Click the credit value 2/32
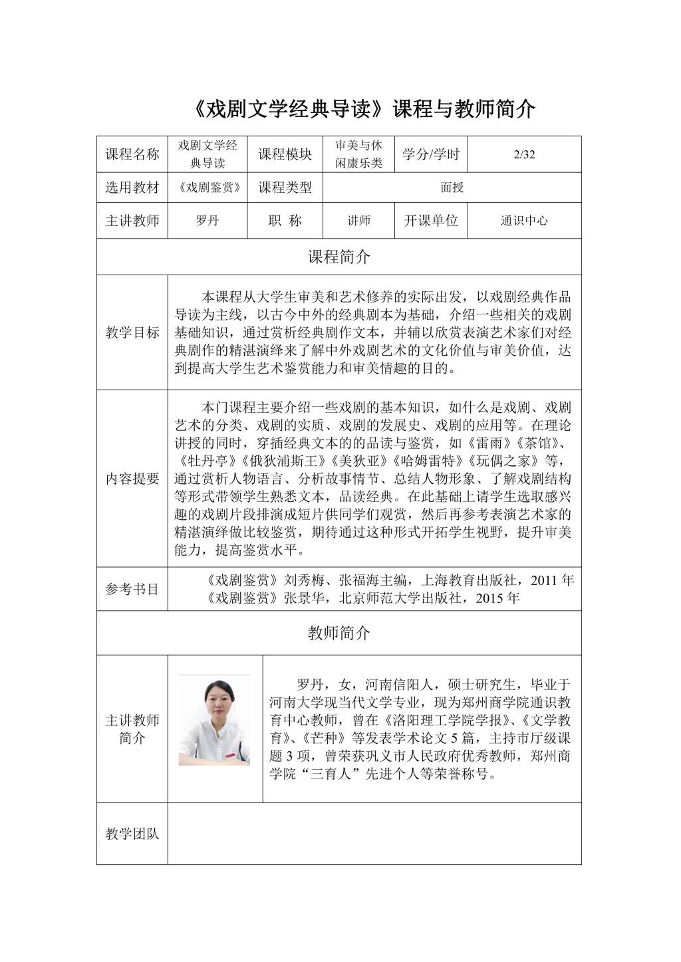(x=524, y=155)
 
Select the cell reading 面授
(x=452, y=187)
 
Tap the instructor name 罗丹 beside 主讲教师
(x=207, y=221)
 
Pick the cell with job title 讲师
(x=358, y=221)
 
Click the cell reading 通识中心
(x=524, y=221)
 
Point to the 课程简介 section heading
(x=339, y=257)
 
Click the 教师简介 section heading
(x=339, y=633)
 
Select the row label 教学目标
(x=132, y=332)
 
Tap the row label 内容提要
(x=132, y=479)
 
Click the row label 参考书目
(x=132, y=588)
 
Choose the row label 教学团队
(x=132, y=834)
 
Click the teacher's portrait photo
(x=214, y=719)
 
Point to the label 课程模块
(x=285, y=155)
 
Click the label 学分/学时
(x=431, y=155)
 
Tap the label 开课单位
(x=431, y=221)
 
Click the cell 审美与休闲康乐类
(x=358, y=155)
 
